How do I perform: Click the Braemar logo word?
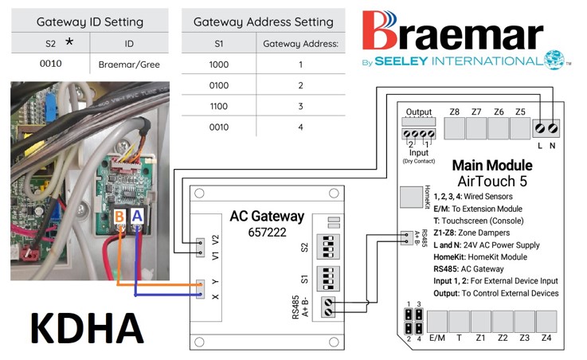click(x=452, y=32)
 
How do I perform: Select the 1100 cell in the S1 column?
click(x=217, y=105)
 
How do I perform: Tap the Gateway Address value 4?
click(x=300, y=127)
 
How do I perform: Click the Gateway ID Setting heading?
click(x=90, y=22)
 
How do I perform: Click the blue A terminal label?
click(x=138, y=217)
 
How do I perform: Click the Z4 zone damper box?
click(x=546, y=322)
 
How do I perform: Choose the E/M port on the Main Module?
click(x=437, y=322)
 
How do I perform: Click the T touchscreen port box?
click(x=459, y=322)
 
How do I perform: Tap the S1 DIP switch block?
click(x=327, y=279)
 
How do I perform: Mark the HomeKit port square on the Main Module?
click(x=409, y=197)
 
